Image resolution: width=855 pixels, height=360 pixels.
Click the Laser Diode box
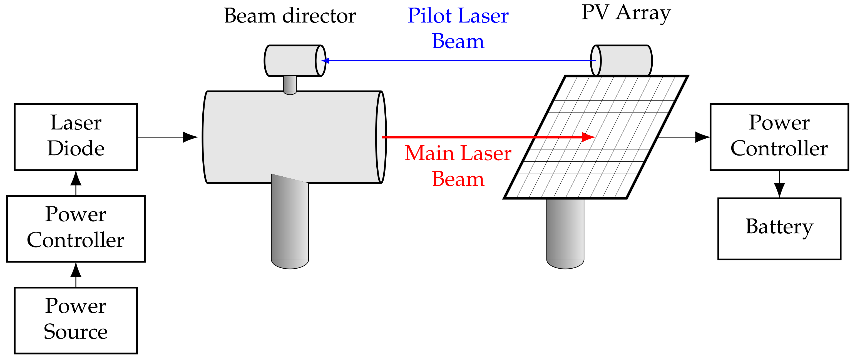(76, 137)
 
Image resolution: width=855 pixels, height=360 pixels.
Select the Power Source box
(76, 320)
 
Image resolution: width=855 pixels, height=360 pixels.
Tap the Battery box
(779, 229)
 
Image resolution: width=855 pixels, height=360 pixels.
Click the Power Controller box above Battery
(779, 137)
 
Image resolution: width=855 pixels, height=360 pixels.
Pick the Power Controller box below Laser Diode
(76, 229)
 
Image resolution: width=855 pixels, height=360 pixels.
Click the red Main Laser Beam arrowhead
(588, 137)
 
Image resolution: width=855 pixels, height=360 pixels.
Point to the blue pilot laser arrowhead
(325, 61)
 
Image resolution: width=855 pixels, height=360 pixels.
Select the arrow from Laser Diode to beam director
(168, 137)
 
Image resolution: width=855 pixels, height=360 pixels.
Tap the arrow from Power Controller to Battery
(779, 184)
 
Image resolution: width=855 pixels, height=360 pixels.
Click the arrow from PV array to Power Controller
(684, 137)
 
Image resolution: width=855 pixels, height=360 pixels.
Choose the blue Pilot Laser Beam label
(458, 29)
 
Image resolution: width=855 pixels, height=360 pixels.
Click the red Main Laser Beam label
(458, 166)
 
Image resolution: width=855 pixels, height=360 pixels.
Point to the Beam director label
(290, 16)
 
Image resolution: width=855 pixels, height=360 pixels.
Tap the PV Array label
(626, 13)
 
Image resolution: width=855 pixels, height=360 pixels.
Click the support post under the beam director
(290, 226)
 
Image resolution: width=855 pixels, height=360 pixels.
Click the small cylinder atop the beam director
(294, 61)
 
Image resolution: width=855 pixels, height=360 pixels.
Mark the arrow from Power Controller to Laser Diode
(76, 183)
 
